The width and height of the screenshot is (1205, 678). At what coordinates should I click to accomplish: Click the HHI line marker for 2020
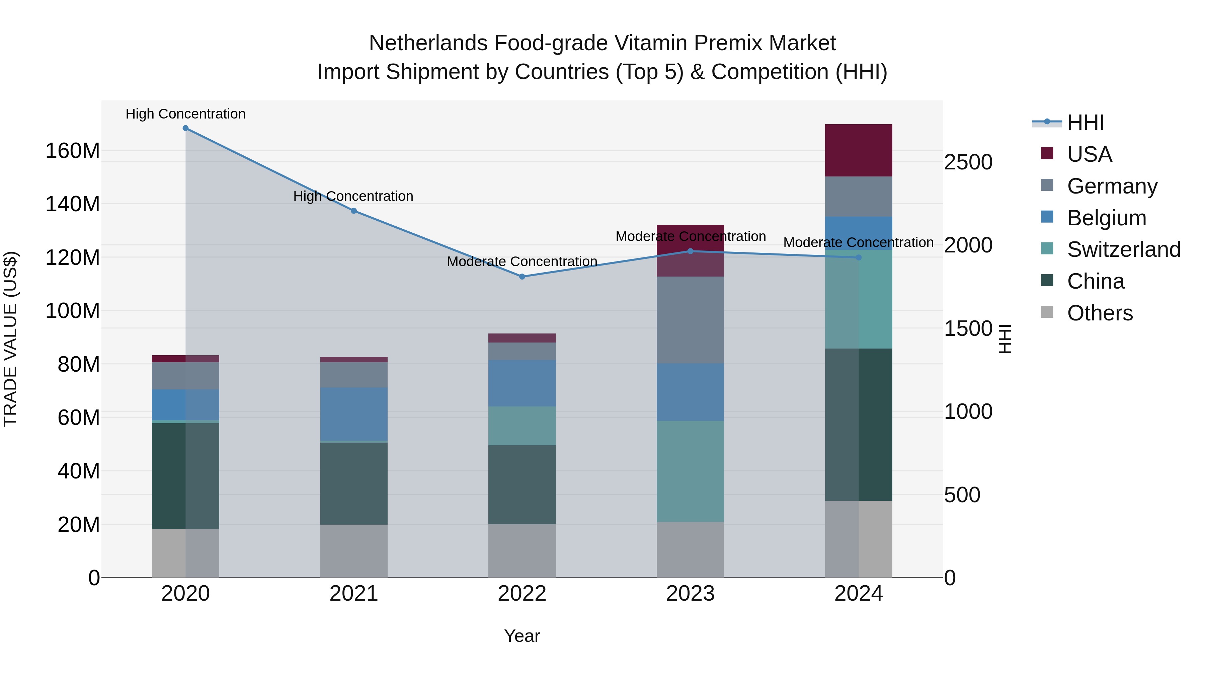pos(186,128)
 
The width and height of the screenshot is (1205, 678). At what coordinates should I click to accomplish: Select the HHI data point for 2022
pos(523,277)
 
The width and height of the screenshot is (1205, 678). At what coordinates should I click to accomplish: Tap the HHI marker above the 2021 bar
pos(354,211)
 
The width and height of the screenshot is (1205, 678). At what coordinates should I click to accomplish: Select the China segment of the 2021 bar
pos(354,483)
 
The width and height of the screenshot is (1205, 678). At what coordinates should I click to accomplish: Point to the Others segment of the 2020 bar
pos(186,553)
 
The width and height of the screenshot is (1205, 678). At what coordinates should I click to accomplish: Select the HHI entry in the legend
pos(1085,123)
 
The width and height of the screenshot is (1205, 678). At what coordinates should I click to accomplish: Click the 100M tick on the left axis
pos(73,311)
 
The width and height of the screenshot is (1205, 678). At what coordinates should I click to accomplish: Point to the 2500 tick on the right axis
pos(968,162)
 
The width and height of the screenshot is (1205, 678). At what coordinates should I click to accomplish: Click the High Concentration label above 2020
pos(186,114)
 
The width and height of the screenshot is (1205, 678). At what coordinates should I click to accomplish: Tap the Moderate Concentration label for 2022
pos(522,261)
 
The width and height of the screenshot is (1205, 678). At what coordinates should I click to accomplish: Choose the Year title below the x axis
pos(522,636)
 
